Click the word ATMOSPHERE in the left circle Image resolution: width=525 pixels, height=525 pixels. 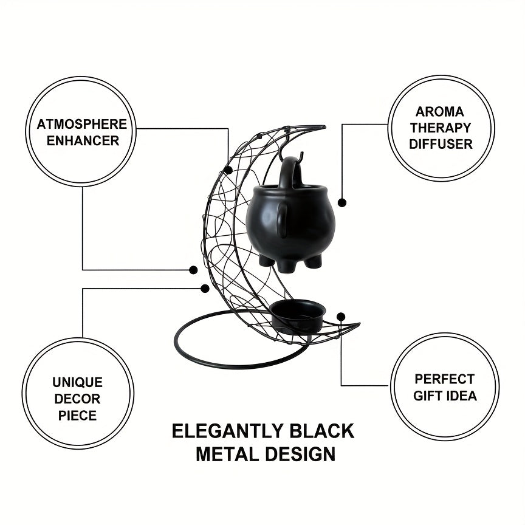tap(81, 124)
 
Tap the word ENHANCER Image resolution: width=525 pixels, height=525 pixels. tap(83, 140)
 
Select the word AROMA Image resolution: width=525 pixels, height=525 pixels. tap(439, 111)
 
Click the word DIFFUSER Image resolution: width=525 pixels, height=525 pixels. tap(441, 144)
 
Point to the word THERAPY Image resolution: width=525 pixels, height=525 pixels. tap(441, 128)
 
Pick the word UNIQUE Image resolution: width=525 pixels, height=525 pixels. tap(77, 382)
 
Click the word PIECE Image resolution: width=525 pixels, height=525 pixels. tap(77, 416)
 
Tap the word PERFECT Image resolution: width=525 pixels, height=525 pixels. tap(445, 379)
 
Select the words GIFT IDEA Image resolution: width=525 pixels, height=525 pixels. tap(445, 396)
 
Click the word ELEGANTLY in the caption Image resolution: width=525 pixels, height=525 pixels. tap(228, 431)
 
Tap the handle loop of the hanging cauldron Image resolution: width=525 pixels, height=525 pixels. tap(290, 171)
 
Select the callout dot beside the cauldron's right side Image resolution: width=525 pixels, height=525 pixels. tap(342, 202)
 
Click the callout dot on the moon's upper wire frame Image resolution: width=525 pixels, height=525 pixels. tap(228, 170)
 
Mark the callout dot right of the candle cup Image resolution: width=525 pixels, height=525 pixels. tap(341, 317)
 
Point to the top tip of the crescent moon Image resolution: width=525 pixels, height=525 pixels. tap(324, 127)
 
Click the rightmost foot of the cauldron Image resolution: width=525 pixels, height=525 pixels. tap(314, 261)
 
